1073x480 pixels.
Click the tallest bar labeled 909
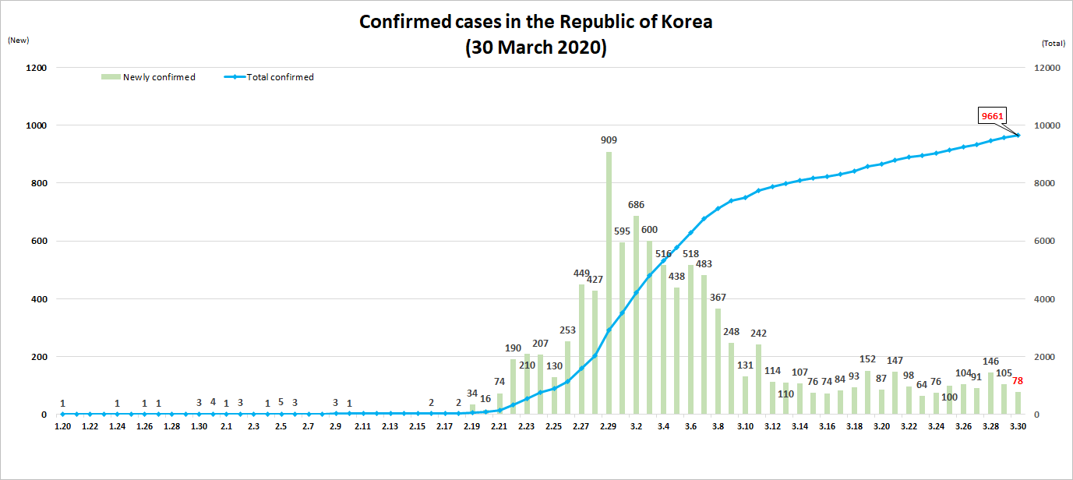[609, 283]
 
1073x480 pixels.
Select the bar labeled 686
[636, 316]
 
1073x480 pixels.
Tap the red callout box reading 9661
[992, 116]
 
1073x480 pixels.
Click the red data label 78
[1018, 381]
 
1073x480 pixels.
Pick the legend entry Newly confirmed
[149, 77]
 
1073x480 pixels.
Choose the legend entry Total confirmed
[269, 77]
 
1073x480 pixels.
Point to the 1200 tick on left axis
[37, 68]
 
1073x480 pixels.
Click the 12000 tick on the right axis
[1047, 68]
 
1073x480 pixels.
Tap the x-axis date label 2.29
[609, 426]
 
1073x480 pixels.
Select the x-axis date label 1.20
[63, 426]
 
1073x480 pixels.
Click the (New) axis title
[18, 41]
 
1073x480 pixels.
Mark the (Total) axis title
[1054, 43]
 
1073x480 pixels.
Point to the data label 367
[718, 298]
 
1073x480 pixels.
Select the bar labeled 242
[759, 379]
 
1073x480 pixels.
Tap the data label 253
[567, 330]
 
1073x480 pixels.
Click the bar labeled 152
[867, 392]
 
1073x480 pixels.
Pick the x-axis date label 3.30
[1018, 426]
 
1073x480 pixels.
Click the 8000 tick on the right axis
[1045, 183]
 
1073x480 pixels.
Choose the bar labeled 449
[581, 349]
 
